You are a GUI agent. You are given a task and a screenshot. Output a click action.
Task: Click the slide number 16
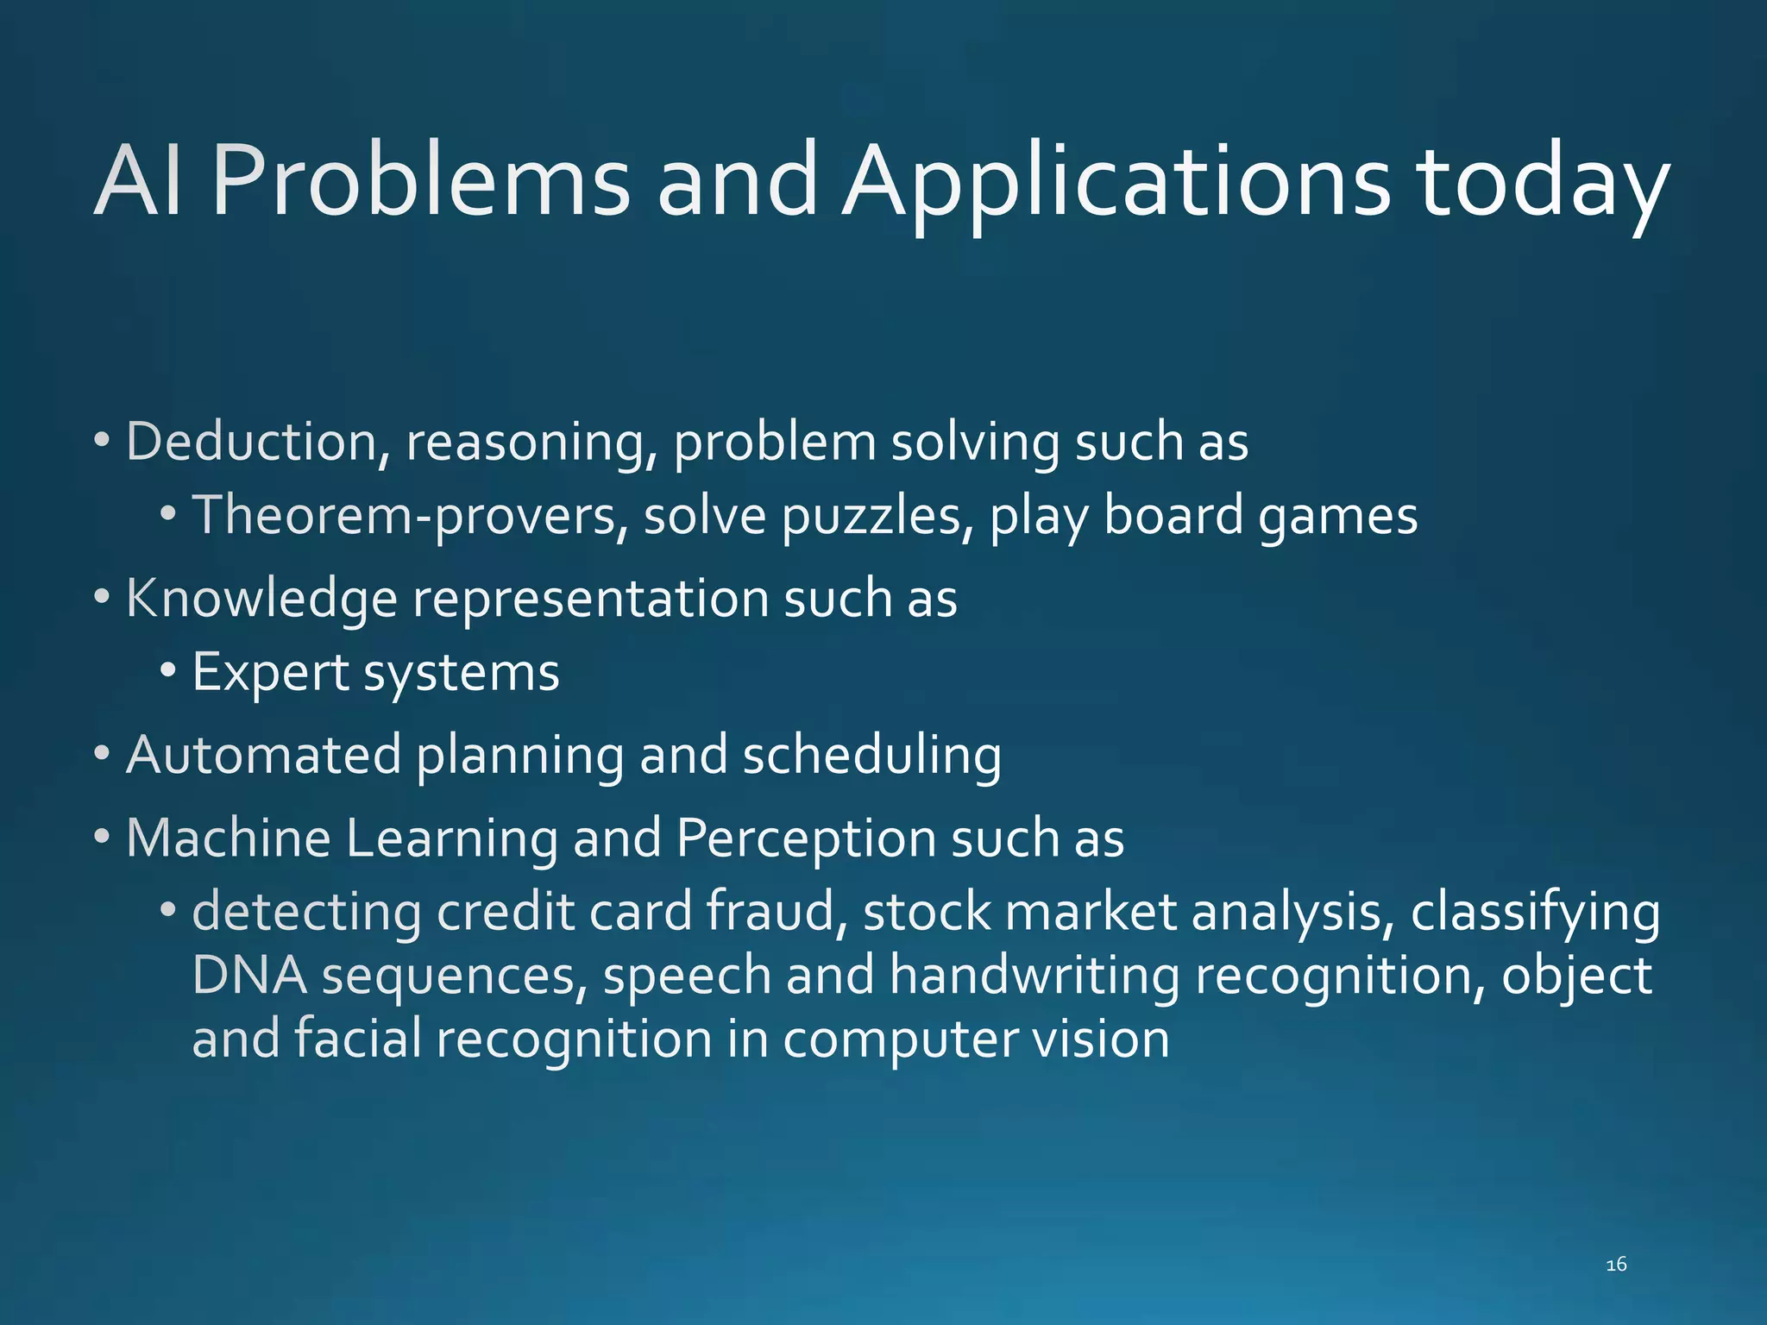pos(1616,1265)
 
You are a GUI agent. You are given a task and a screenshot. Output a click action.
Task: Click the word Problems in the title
pos(421,181)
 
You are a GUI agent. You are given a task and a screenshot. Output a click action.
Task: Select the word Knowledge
pos(261,599)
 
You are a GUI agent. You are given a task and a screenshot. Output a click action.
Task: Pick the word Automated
pos(264,755)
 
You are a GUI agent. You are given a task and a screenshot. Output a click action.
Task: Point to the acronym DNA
pos(249,976)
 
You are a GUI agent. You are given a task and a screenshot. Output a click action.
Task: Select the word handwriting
pos(1034,976)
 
